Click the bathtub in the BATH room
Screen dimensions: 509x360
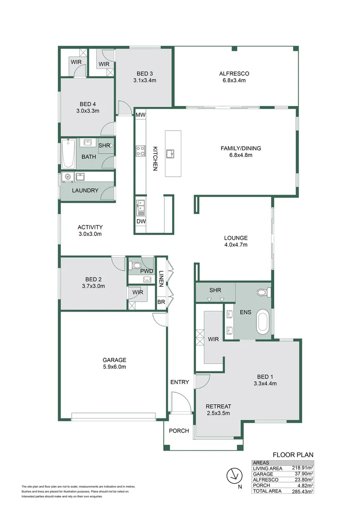pyautogui.click(x=69, y=154)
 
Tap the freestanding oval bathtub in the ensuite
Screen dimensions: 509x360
pyautogui.click(x=262, y=324)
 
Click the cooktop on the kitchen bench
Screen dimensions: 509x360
pyautogui.click(x=140, y=151)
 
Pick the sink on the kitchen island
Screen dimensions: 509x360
pyautogui.click(x=173, y=153)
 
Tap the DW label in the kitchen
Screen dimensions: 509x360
pyautogui.click(x=141, y=222)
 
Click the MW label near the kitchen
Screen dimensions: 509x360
pyautogui.click(x=140, y=115)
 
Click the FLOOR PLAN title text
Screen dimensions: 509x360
pyautogui.click(x=293, y=454)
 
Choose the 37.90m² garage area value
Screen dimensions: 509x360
pyautogui.click(x=303, y=474)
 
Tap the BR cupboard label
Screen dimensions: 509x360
pyautogui.click(x=161, y=302)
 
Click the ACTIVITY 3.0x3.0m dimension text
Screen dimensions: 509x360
pyautogui.click(x=90, y=234)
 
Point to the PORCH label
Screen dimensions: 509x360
pyautogui.click(x=179, y=431)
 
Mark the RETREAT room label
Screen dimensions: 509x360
pyautogui.click(x=219, y=406)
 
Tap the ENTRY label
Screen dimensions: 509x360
pyautogui.click(x=180, y=382)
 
